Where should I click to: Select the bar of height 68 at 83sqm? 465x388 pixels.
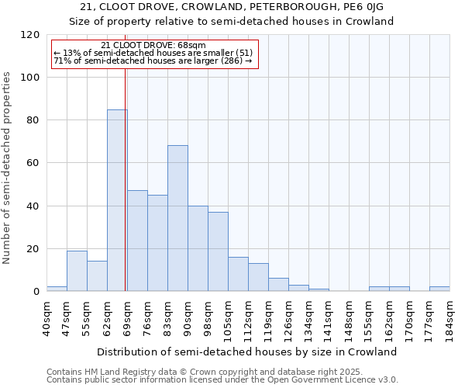177,218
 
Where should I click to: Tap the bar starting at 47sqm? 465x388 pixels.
77,271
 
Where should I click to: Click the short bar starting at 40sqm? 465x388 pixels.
57,289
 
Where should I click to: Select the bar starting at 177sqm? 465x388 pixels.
439,289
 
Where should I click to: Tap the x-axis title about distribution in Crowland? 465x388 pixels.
248,352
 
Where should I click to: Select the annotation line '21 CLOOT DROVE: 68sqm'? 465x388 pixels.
153,46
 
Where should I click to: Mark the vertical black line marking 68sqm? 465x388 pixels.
126,194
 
